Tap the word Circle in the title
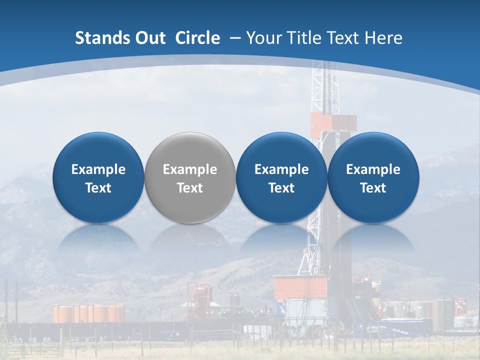(197, 38)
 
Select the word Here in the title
(383, 38)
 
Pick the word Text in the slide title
(343, 38)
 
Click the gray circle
(190, 177)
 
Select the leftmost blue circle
(98, 177)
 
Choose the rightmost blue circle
(373, 177)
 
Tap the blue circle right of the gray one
(281, 177)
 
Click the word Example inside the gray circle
(190, 169)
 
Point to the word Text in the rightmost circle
(373, 188)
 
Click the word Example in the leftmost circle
(98, 169)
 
